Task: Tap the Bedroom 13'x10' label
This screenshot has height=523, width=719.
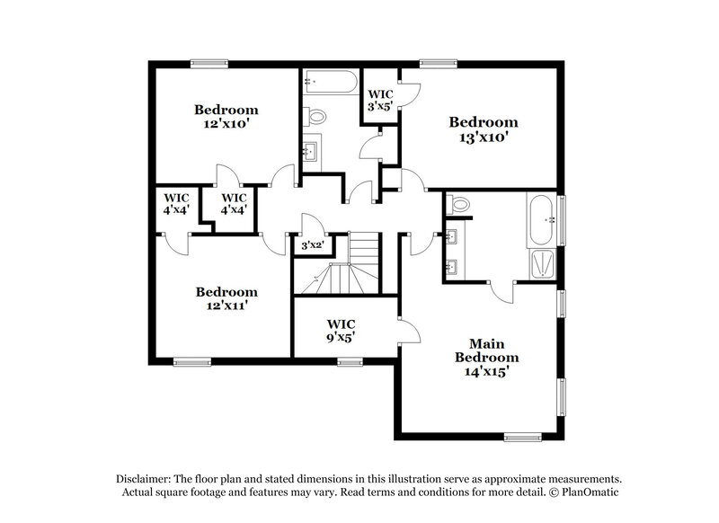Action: pos(484,129)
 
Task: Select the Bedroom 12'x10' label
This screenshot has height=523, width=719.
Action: pos(226,117)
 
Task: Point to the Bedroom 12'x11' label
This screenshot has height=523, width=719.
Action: pos(226,298)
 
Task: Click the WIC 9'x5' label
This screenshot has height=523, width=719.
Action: pos(342,330)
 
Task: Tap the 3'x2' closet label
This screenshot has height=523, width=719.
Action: pos(312,244)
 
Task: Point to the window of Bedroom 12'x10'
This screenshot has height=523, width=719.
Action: pos(208,63)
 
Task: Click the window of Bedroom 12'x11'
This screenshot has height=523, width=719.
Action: pos(190,362)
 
